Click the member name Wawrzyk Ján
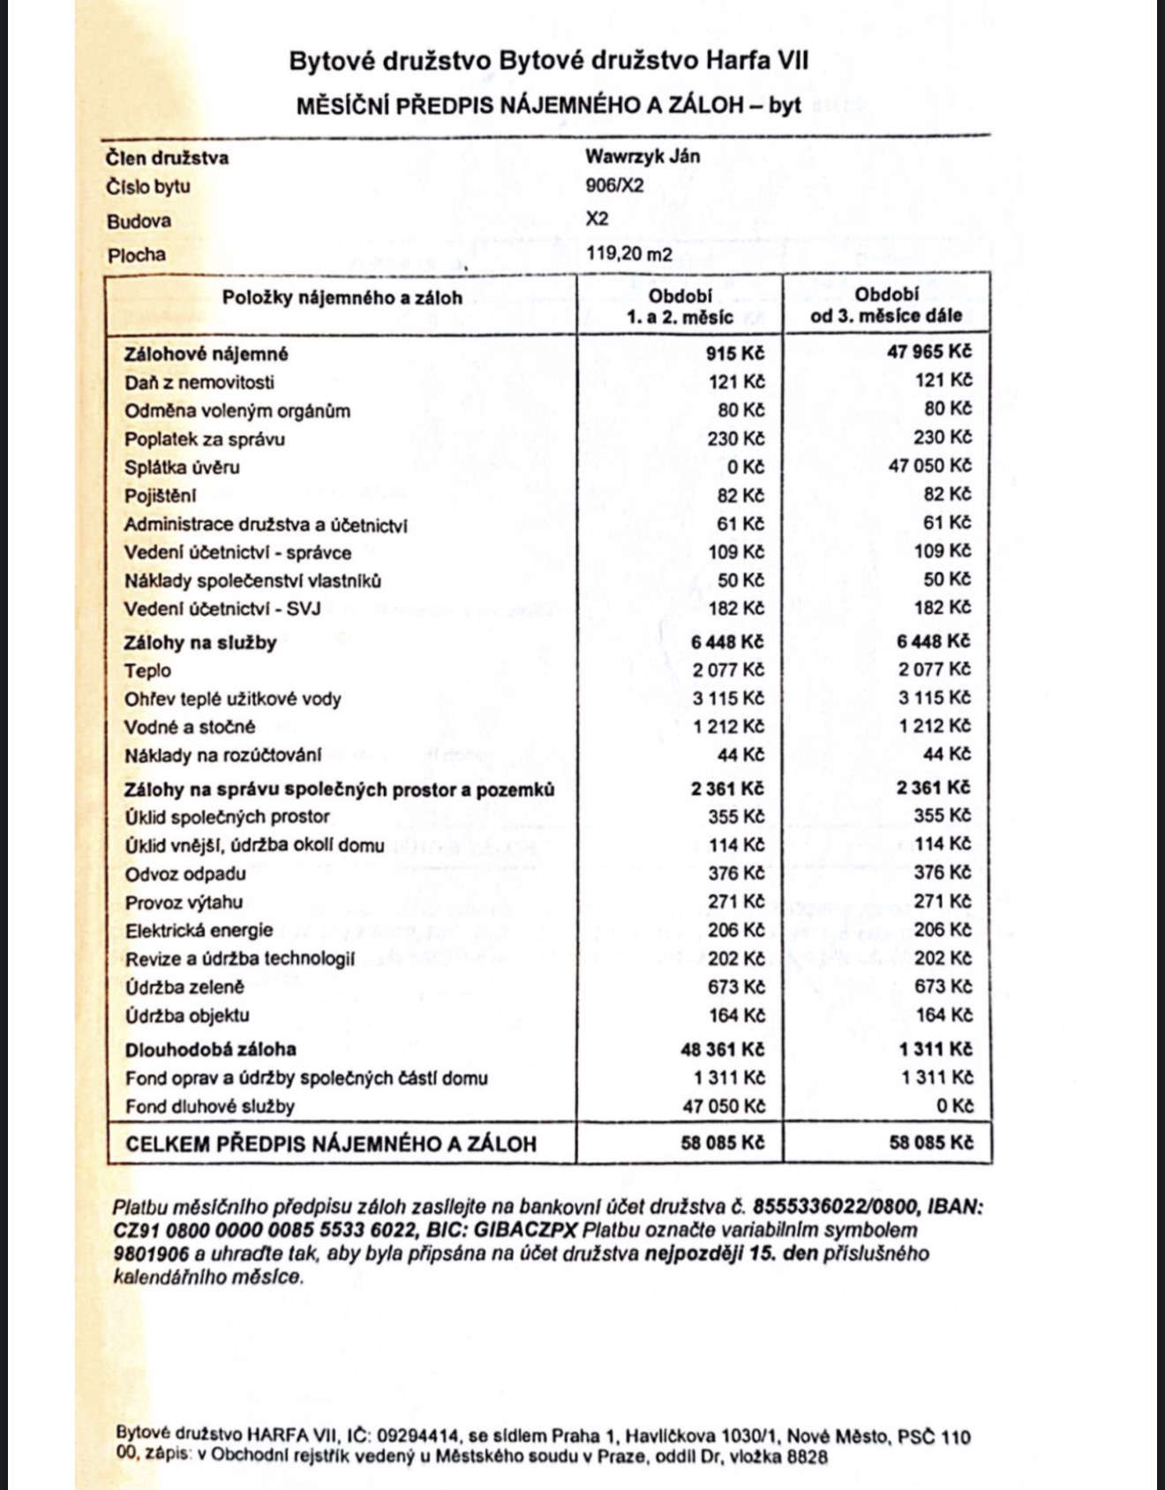click(643, 156)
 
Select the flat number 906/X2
click(615, 186)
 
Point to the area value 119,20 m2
click(629, 255)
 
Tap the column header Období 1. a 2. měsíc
click(680, 306)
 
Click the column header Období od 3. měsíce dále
click(886, 305)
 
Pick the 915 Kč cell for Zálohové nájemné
click(735, 353)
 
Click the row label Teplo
click(148, 670)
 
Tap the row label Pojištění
click(160, 496)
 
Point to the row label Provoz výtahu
click(184, 902)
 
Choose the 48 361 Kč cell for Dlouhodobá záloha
click(722, 1049)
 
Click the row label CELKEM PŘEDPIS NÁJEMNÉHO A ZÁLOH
click(331, 1144)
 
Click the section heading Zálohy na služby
click(200, 642)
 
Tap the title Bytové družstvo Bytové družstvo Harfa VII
click(548, 61)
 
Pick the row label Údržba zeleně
click(184, 987)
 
